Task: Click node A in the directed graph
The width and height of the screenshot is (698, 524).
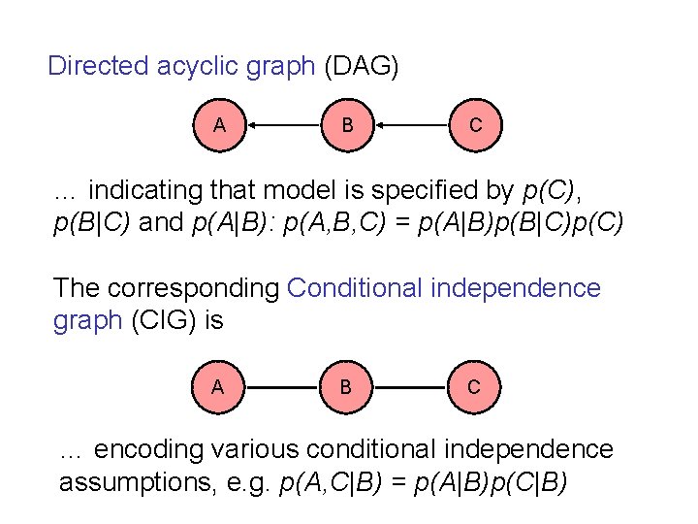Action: tap(220, 124)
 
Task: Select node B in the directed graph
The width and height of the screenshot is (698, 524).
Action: tap(347, 124)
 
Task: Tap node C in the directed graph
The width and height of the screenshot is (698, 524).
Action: tap(474, 124)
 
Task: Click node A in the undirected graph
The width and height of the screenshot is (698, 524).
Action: tap(218, 386)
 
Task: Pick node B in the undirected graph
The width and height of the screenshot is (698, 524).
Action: tap(346, 386)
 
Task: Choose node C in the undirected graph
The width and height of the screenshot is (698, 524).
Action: tap(473, 386)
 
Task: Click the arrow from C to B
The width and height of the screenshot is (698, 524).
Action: tap(411, 124)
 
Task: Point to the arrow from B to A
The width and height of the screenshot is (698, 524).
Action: tap(283, 124)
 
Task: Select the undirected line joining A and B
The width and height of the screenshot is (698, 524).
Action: tap(282, 386)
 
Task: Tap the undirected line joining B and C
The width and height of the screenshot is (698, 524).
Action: tap(410, 386)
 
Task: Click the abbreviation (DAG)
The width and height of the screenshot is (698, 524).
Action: tap(361, 67)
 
